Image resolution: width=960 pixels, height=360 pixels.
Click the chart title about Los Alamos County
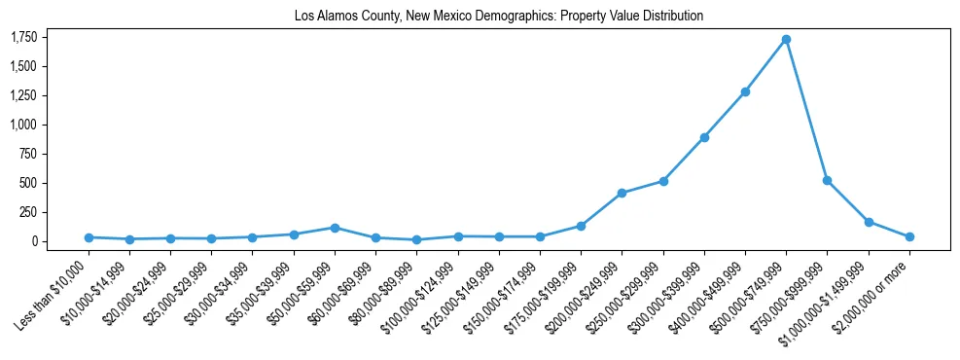498,17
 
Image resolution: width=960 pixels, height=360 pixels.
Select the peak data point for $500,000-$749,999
786,39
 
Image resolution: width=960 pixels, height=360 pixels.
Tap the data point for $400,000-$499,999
745,91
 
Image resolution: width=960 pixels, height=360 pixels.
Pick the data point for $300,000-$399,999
704,137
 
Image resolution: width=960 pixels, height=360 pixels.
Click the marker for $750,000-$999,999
827,180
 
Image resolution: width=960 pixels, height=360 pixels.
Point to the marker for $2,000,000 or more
909,236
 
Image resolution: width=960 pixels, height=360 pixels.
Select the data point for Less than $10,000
89,237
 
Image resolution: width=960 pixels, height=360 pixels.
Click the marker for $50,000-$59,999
335,228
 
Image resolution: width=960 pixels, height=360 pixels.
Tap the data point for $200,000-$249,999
622,193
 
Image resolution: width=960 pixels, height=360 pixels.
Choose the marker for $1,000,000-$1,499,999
869,222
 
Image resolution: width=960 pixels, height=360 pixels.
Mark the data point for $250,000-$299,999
663,181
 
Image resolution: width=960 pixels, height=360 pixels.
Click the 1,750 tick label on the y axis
23,37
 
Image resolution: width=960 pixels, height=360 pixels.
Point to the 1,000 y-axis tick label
23,125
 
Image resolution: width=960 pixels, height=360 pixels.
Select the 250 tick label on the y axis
26,212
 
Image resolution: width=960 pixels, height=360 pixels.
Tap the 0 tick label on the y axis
33,241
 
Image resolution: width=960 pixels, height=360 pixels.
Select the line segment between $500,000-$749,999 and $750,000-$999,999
806,110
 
